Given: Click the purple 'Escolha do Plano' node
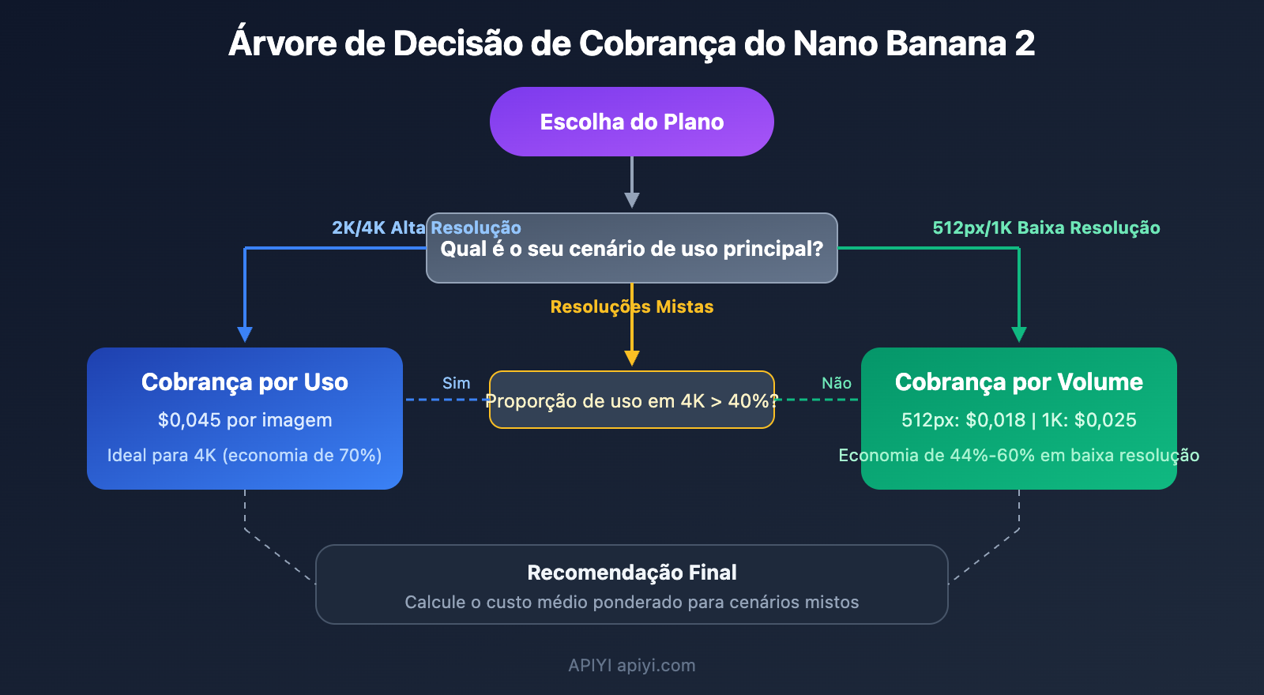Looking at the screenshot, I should [632, 122].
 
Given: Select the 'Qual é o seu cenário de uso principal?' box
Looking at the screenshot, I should [632, 249].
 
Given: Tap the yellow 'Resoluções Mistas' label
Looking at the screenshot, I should [632, 306].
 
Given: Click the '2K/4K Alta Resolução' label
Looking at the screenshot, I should [427, 227].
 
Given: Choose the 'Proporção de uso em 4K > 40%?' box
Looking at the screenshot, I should [632, 400].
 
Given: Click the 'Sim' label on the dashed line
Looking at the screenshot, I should [456, 383].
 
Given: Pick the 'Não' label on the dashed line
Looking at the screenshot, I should [837, 383].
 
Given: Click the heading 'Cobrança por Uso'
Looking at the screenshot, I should [245, 382].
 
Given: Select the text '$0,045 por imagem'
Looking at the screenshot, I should [245, 420].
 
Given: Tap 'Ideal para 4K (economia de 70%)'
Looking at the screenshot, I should [245, 455].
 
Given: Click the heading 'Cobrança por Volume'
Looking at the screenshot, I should [1019, 382].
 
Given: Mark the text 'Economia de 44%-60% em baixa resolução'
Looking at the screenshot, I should [1019, 455].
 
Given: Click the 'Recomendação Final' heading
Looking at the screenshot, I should [632, 573].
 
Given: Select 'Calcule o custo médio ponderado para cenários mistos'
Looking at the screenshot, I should [632, 602].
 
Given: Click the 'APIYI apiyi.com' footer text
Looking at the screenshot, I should [632, 665].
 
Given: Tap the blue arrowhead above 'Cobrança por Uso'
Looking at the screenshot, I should [245, 334].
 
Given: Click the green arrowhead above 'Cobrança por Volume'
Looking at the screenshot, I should [1019, 334].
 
